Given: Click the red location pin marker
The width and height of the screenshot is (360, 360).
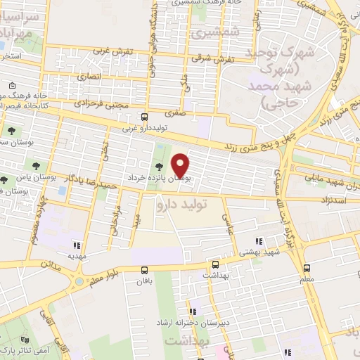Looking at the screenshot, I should tap(181, 165).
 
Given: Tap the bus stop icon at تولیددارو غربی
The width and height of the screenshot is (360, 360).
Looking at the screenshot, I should tap(144, 117).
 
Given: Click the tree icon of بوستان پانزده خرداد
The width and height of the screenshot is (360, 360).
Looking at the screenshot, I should tap(161, 167).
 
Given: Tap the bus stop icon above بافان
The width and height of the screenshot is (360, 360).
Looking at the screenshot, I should tap(144, 269).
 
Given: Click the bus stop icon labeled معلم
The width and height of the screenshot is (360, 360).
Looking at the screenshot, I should tap(307, 268).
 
